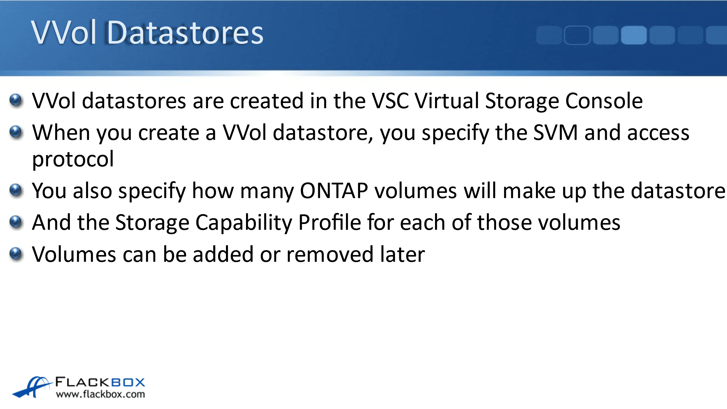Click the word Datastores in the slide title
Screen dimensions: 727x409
pyautogui.click(x=185, y=33)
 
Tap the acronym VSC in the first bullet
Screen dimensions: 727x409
pyautogui.click(x=391, y=101)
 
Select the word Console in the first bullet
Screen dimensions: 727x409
pyautogui.click(x=604, y=101)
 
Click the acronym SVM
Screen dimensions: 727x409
pyautogui.click(x=555, y=133)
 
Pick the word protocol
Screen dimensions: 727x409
pyautogui.click(x=73, y=159)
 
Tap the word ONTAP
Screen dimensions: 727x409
pyautogui.click(x=334, y=191)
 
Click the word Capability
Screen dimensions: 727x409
pyautogui.click(x=244, y=223)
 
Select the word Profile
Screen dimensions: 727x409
pyautogui.click(x=329, y=222)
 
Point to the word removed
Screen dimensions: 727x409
pyautogui.click(x=330, y=255)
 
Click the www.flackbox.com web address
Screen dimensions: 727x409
pyautogui.click(x=100, y=394)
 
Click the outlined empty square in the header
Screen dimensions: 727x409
pyautogui.click(x=577, y=35)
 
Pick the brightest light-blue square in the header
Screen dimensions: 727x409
pyautogui.click(x=634, y=35)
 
